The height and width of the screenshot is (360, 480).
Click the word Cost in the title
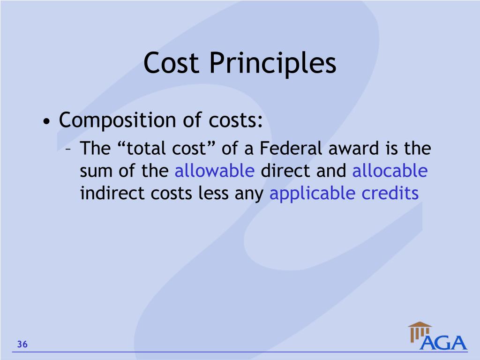(x=172, y=63)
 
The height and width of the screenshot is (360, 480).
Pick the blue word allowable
(x=215, y=171)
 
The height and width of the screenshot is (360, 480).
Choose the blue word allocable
(x=390, y=171)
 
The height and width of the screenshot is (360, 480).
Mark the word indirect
(x=112, y=193)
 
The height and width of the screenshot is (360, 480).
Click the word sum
(x=97, y=172)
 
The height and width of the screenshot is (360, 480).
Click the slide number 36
(x=22, y=345)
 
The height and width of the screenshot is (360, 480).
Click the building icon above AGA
(x=420, y=331)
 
